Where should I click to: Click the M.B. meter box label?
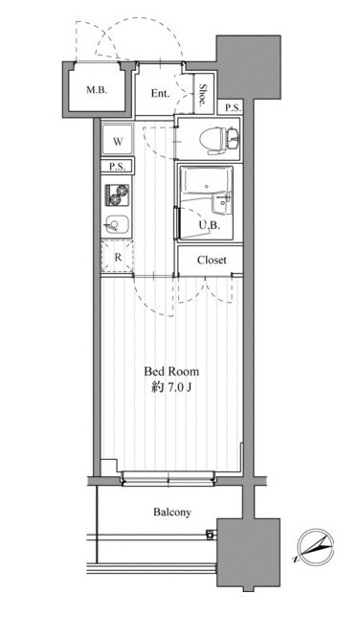97,90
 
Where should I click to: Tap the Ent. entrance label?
161,94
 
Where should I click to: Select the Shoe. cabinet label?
203,95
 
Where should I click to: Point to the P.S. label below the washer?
117,167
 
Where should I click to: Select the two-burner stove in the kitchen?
117,194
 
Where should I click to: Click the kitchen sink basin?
115,225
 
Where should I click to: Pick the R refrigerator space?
118,257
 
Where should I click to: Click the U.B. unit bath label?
209,225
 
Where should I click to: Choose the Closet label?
212,260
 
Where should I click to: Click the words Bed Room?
171,372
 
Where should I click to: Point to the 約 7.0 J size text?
171,388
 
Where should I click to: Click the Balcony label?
172,512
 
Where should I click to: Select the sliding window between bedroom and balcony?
169,478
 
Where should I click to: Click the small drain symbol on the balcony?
211,535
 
